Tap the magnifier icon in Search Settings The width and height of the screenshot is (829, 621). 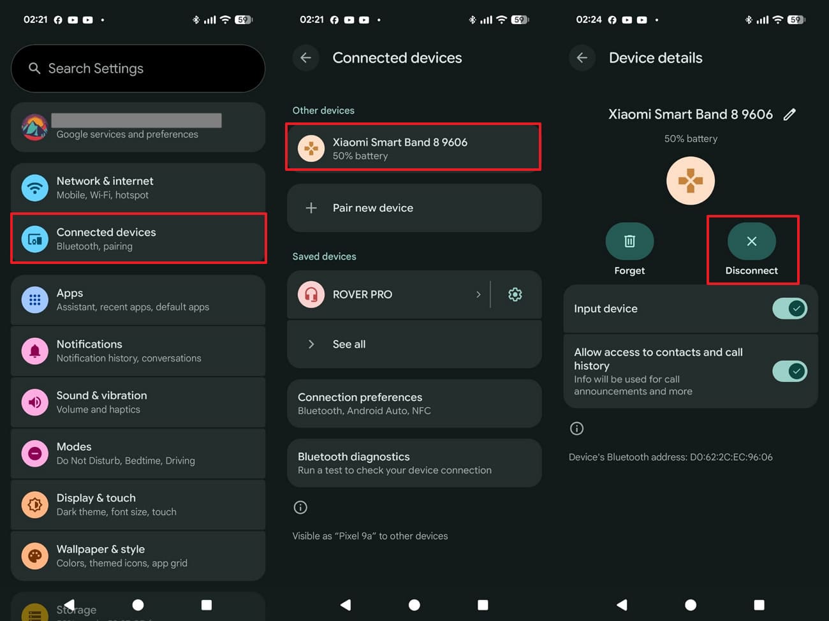34,68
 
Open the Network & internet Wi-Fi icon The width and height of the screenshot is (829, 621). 34,187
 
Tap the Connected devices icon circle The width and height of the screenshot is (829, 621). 34,239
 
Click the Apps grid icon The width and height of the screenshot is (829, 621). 34,300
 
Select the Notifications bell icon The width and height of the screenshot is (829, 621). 34,351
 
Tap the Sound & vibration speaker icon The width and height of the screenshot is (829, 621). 34,402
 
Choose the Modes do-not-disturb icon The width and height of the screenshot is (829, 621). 34,453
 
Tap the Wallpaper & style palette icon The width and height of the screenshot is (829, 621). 34,556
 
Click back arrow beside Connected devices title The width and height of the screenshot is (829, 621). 306,58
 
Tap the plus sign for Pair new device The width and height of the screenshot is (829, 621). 311,208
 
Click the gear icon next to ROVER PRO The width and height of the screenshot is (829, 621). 515,295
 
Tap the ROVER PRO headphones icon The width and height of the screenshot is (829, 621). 311,295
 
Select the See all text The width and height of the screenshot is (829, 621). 349,344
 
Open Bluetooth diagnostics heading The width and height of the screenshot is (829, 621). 353,457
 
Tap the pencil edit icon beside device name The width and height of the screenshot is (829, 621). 789,114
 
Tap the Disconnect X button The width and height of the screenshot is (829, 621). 752,241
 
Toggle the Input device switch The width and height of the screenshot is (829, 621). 789,309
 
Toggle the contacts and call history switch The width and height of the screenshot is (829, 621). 789,372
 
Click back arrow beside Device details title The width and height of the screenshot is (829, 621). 582,58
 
